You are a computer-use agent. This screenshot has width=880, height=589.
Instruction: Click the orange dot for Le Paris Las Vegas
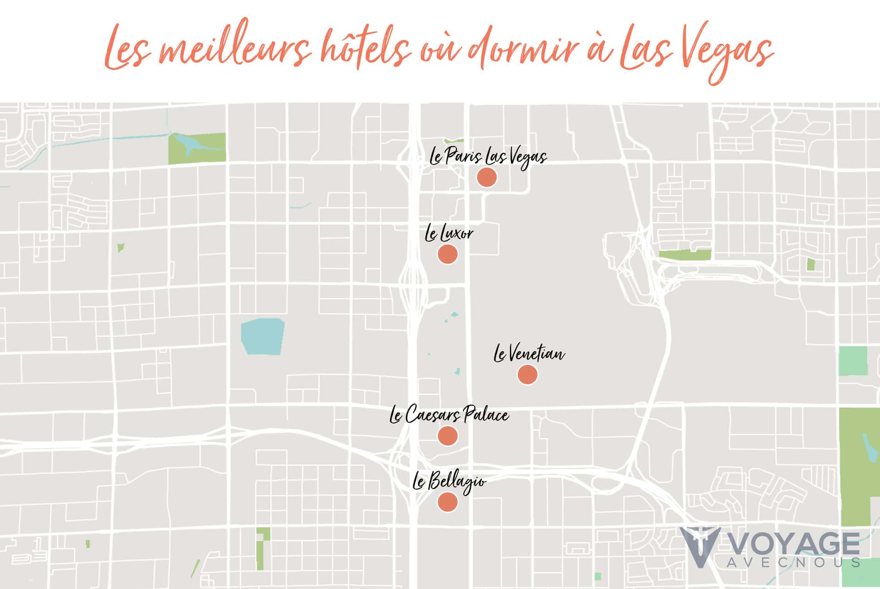pyautogui.click(x=486, y=177)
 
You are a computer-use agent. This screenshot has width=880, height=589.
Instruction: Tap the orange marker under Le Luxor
pyautogui.click(x=447, y=254)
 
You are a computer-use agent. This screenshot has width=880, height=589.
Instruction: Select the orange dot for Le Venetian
pyautogui.click(x=527, y=374)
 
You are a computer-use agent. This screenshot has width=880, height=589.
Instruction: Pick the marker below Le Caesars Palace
pyautogui.click(x=447, y=435)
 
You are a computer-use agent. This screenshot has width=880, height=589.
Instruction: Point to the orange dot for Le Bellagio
pyautogui.click(x=447, y=502)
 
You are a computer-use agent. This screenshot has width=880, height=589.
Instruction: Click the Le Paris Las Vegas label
pyautogui.click(x=488, y=157)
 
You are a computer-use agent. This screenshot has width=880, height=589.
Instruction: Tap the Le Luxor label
pyautogui.click(x=449, y=234)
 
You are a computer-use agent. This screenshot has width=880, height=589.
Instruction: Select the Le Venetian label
pyautogui.click(x=529, y=354)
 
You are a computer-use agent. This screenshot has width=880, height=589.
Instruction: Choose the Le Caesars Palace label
pyautogui.click(x=449, y=415)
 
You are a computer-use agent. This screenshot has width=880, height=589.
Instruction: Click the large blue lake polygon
pyautogui.click(x=263, y=336)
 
